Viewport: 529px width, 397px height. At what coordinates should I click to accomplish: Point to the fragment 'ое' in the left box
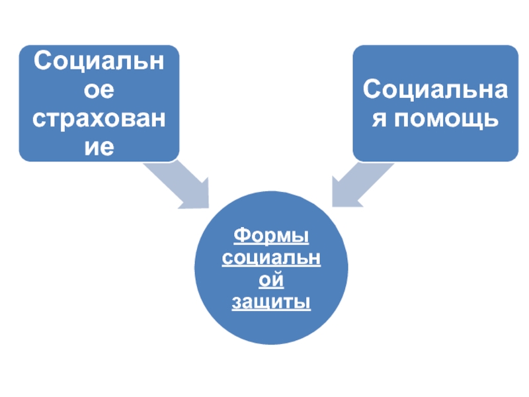tap(99, 90)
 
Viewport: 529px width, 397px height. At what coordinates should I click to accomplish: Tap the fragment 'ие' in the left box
tap(99, 147)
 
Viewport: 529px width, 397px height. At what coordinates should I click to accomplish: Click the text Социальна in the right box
tap(435, 89)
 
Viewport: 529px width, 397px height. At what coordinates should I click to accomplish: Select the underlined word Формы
tap(272, 236)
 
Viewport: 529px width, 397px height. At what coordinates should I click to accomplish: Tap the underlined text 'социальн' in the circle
tap(272, 257)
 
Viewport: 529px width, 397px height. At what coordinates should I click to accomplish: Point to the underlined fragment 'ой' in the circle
tap(272, 280)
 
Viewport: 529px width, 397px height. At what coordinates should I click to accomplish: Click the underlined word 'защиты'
tap(272, 302)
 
